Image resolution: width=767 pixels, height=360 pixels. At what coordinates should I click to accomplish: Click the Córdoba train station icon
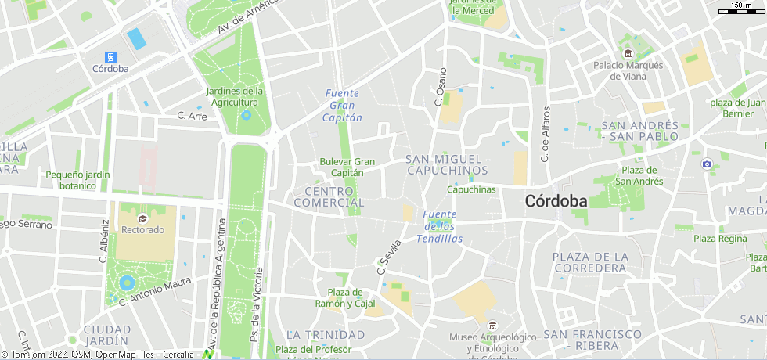pyautogui.click(x=110, y=56)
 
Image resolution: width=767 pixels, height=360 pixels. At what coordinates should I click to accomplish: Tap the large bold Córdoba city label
pyautogui.click(x=556, y=201)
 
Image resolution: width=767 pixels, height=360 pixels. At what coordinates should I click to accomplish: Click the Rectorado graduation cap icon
pyautogui.click(x=142, y=218)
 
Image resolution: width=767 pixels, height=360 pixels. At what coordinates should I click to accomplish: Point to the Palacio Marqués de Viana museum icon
pyautogui.click(x=628, y=53)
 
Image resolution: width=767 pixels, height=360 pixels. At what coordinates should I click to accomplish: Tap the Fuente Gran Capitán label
pyautogui.click(x=343, y=106)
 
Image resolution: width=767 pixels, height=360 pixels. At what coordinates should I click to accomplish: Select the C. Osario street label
pyautogui.click(x=440, y=87)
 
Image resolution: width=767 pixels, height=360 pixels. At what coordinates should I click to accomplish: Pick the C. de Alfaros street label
pyautogui.click(x=546, y=134)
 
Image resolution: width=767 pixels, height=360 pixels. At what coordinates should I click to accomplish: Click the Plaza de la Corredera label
pyautogui.click(x=591, y=262)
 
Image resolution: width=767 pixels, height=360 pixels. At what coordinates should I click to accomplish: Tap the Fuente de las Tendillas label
pyautogui.click(x=439, y=226)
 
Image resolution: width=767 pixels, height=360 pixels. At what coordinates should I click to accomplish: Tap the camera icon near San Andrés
pyautogui.click(x=708, y=164)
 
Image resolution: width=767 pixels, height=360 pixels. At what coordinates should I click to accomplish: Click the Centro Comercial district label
pyautogui.click(x=329, y=196)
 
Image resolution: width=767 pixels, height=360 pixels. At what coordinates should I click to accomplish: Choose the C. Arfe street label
pyautogui.click(x=192, y=116)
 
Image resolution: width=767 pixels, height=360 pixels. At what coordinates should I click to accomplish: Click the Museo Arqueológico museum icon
pyautogui.click(x=492, y=326)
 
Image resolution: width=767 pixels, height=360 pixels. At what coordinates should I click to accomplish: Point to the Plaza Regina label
pyautogui.click(x=720, y=239)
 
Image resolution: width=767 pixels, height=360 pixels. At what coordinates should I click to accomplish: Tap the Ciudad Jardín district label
pyautogui.click(x=106, y=335)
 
